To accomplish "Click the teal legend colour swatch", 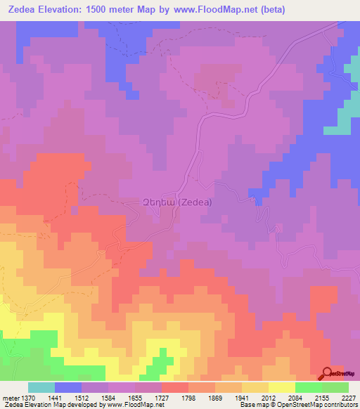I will tap(41, 388).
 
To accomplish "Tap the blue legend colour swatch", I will tap(68, 388).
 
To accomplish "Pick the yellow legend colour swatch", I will tap(282, 388).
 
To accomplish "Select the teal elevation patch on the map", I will tap(341, 119).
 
